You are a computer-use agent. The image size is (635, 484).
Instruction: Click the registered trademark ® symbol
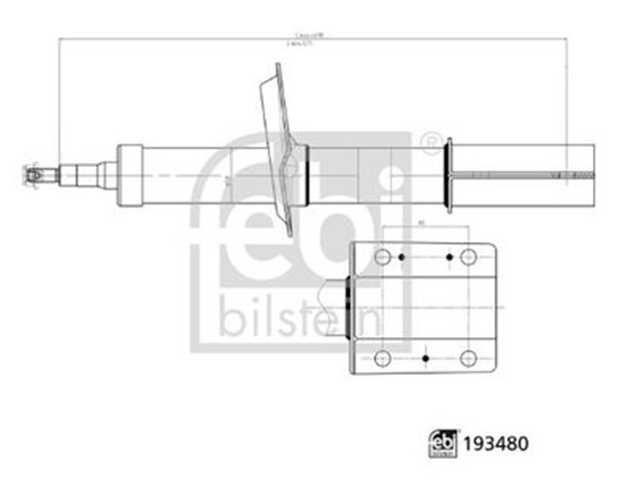pyautogui.click(x=430, y=144)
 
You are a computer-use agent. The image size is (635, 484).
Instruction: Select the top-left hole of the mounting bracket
pyautogui.click(x=384, y=258)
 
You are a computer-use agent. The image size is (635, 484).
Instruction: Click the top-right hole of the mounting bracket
pyautogui.click(x=468, y=258)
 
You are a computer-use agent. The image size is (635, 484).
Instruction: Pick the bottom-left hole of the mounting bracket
pyautogui.click(x=384, y=358)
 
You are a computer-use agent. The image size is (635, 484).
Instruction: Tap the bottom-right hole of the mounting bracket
pyautogui.click(x=468, y=358)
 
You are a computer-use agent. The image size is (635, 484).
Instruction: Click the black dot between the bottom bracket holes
pyautogui.click(x=426, y=358)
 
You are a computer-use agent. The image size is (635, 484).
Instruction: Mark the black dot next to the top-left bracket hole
pyautogui.click(x=401, y=258)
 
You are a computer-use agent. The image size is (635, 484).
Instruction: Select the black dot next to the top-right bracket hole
pyautogui.click(x=449, y=258)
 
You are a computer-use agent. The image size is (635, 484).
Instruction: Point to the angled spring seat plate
pyautogui.click(x=280, y=149)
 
